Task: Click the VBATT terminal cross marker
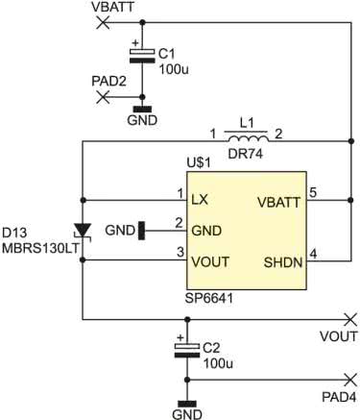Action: pyautogui.click(x=103, y=23)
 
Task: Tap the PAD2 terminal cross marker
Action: pyautogui.click(x=103, y=97)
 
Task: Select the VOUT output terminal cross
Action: pyautogui.click(x=350, y=319)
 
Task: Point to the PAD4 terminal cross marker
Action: pyautogui.click(x=350, y=380)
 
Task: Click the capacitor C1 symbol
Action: pyautogui.click(x=143, y=55)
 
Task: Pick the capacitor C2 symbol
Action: pyautogui.click(x=187, y=351)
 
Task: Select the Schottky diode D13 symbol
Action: pyautogui.click(x=83, y=231)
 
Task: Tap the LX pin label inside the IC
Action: pyautogui.click(x=200, y=200)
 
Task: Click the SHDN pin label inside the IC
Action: pyautogui.click(x=283, y=262)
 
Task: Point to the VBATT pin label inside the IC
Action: pyautogui.click(x=278, y=203)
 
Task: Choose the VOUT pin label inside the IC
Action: pyautogui.click(x=210, y=261)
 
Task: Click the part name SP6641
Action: pyautogui.click(x=209, y=299)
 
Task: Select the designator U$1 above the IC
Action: pyautogui.click(x=199, y=163)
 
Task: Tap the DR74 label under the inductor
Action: pyautogui.click(x=245, y=154)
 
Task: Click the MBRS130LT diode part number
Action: pyautogui.click(x=40, y=248)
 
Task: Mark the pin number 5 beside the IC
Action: pyautogui.click(x=313, y=192)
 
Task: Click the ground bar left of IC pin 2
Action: pyautogui.click(x=141, y=231)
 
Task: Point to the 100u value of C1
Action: pyautogui.click(x=174, y=69)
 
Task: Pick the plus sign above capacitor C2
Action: pyautogui.click(x=180, y=337)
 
